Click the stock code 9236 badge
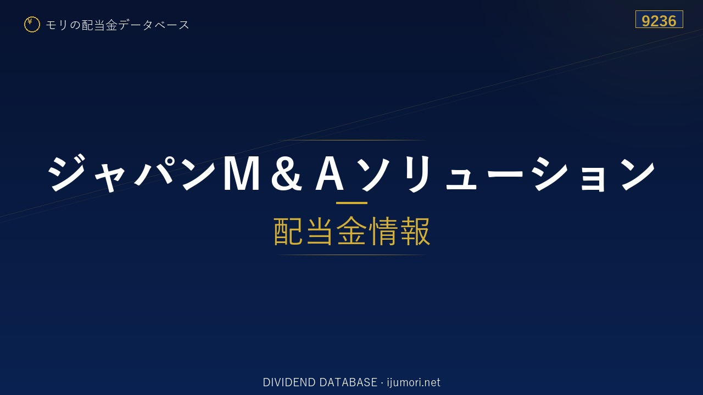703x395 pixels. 659,19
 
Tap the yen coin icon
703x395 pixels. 32,25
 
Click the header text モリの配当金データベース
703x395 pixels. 118,25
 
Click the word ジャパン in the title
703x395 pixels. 131,173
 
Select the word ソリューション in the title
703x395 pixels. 506,174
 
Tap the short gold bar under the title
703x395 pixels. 351,203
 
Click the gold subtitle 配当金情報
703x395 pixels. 352,232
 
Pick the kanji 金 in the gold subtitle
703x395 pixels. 351,232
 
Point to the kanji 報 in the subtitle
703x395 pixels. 415,232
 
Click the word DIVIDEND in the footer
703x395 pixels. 289,382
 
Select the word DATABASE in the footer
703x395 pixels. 348,382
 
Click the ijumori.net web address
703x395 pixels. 414,382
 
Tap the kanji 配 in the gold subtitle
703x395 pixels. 288,232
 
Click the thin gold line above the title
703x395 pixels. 351,140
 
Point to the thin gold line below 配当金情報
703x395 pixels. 351,255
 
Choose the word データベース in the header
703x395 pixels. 154,25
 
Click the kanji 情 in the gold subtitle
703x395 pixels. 383,232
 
